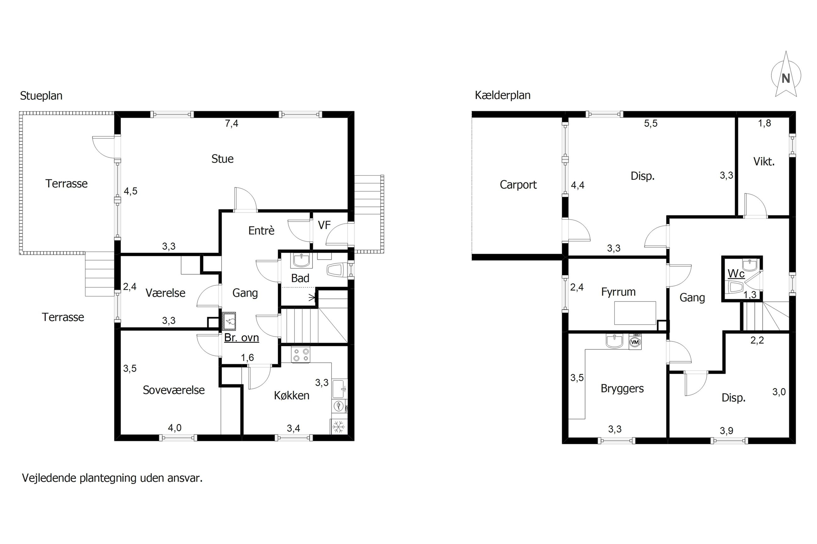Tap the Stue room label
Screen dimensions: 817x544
pos(222,159)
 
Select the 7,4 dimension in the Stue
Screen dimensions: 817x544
pos(232,123)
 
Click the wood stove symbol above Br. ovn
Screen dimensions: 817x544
pos(229,321)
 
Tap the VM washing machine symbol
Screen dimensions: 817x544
pos(635,342)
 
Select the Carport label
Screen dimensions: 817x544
pos(518,185)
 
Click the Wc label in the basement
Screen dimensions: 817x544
pos(736,274)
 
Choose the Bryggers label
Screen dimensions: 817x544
pos(622,389)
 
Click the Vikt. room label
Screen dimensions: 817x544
pos(764,162)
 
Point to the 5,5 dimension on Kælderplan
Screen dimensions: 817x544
pos(651,123)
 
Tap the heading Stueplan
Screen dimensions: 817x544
pos(41,96)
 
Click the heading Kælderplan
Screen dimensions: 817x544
pos(502,95)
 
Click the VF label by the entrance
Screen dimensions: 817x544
pos(324,225)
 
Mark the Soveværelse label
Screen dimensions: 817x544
pos(173,390)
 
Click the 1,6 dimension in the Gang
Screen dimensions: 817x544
pos(248,357)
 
